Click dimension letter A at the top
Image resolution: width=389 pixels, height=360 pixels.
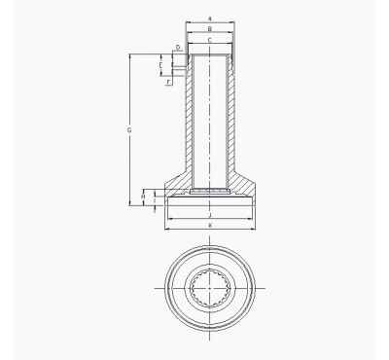211,18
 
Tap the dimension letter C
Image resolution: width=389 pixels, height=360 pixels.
211,40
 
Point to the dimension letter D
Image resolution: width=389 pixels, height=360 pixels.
177,46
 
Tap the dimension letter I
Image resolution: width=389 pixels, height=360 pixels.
155,201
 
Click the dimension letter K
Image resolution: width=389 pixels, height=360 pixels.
210,225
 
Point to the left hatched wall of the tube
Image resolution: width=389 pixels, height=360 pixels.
187,117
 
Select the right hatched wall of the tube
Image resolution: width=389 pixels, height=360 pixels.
234,117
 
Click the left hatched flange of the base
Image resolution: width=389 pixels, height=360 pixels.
175,183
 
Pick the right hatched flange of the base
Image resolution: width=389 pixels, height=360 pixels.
245,183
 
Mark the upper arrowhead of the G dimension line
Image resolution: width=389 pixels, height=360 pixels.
129,57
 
